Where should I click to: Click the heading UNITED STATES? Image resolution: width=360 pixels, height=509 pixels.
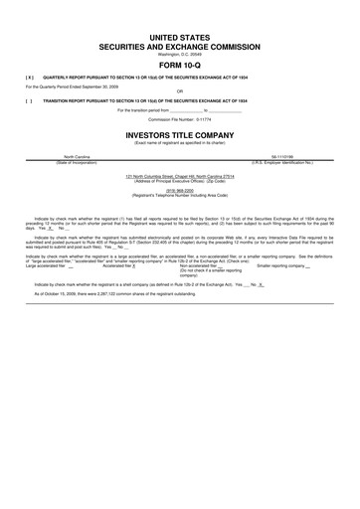[180, 36]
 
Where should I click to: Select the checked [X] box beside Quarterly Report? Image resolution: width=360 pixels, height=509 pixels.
[30, 76]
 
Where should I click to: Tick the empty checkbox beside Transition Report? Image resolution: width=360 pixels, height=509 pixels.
[30, 100]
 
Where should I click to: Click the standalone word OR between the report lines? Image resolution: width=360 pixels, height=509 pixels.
[180, 91]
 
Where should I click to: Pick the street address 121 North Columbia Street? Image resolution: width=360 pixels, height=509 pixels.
[180, 175]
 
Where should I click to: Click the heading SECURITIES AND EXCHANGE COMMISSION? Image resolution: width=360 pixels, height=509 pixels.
[180, 46]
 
